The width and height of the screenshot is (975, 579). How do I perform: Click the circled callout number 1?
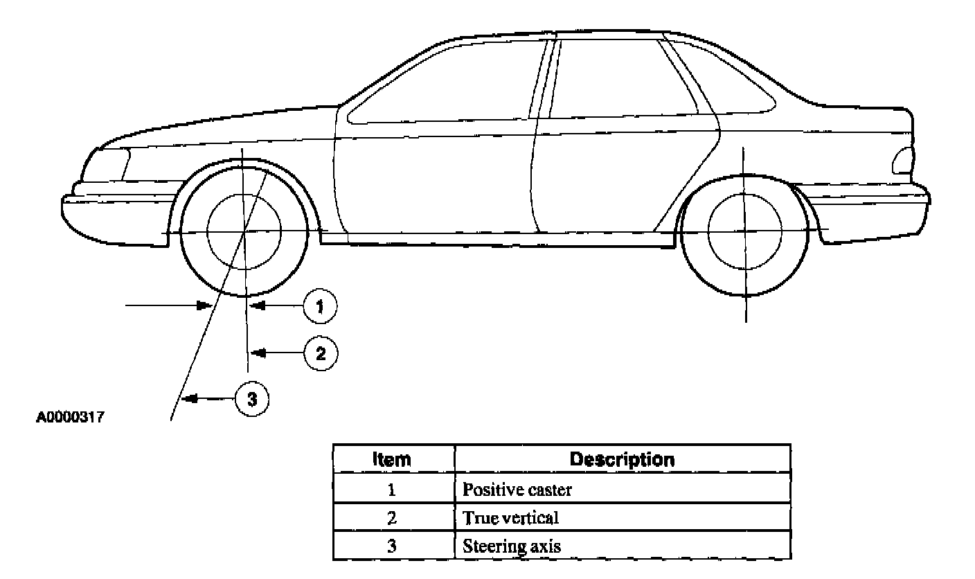click(319, 307)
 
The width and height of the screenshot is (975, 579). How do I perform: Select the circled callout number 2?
click(320, 354)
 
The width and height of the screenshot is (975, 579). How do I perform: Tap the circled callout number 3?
click(252, 400)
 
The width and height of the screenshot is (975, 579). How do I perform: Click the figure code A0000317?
click(70, 418)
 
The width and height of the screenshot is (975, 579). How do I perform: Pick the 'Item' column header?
click(391, 459)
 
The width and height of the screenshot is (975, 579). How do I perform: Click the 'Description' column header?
click(621, 459)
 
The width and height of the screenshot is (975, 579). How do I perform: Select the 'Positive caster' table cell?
click(517, 490)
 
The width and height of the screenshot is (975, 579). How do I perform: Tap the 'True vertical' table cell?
click(510, 517)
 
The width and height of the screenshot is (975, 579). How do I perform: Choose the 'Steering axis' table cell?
click(512, 545)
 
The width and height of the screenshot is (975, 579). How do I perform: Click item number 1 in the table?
click(391, 490)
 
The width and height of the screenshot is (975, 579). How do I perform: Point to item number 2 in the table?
click(391, 517)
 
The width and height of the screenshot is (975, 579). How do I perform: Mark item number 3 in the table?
click(391, 545)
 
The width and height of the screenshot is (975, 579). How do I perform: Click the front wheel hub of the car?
click(244, 231)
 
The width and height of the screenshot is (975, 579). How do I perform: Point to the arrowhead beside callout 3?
click(188, 399)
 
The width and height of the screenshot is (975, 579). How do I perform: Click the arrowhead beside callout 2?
click(258, 353)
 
